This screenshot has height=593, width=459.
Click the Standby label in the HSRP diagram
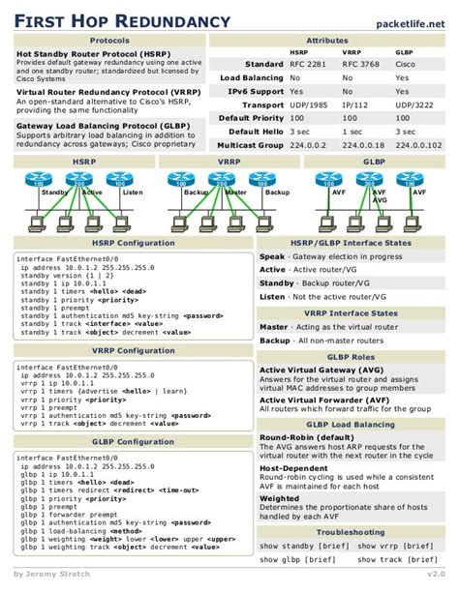(55, 193)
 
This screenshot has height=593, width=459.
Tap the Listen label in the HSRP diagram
(133, 193)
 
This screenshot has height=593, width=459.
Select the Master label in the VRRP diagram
(236, 193)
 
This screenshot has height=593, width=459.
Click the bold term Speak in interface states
(273, 256)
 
